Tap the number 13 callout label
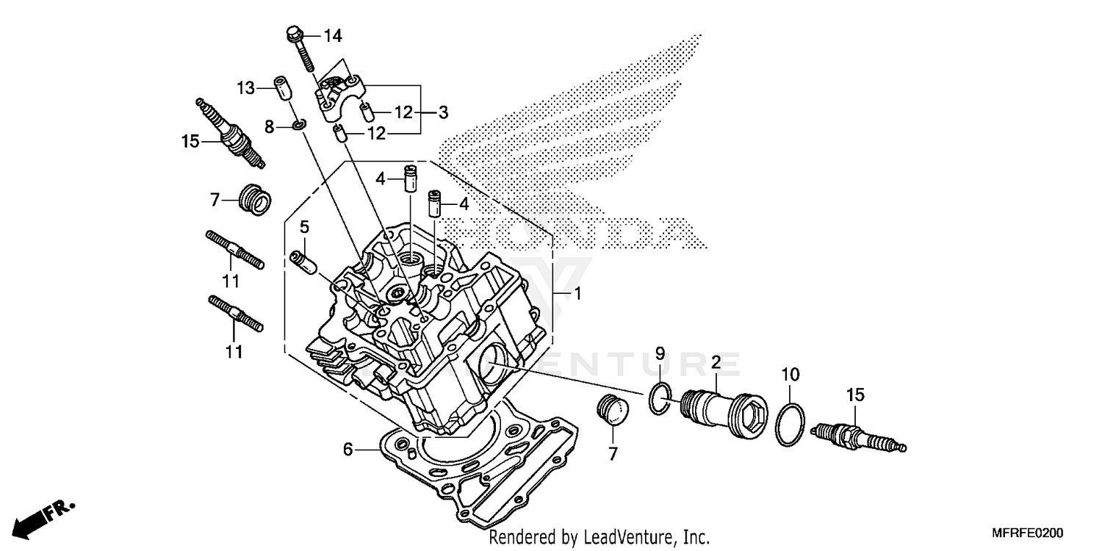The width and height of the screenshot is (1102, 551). click(x=245, y=88)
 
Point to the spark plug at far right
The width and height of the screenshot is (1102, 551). click(x=858, y=438)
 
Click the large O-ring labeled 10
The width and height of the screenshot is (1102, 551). click(x=791, y=425)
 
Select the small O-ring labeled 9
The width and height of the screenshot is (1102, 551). click(x=659, y=398)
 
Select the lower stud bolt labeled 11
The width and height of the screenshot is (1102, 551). click(x=235, y=314)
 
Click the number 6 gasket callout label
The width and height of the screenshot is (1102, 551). click(x=349, y=447)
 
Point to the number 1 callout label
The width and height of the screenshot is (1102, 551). click(x=577, y=294)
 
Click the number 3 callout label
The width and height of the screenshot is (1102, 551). click(x=443, y=112)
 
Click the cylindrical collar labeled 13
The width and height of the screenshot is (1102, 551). click(x=282, y=87)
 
